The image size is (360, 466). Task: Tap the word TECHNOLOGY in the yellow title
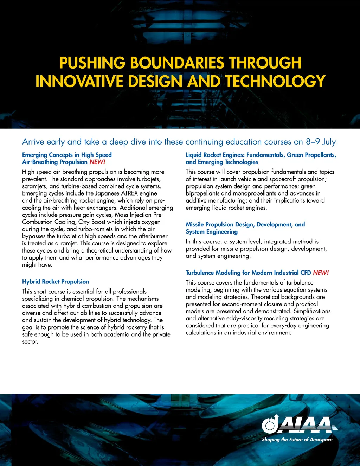(x=275, y=81)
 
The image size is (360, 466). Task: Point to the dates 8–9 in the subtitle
(x=313, y=142)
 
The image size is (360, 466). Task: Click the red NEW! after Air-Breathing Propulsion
(x=97, y=162)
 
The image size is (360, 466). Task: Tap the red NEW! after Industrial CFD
(x=321, y=273)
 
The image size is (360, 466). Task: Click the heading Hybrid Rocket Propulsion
(x=56, y=282)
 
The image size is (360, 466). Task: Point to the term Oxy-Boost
(x=92, y=222)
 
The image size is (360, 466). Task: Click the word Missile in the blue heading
(x=195, y=224)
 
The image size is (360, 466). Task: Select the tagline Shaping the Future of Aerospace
(x=297, y=440)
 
